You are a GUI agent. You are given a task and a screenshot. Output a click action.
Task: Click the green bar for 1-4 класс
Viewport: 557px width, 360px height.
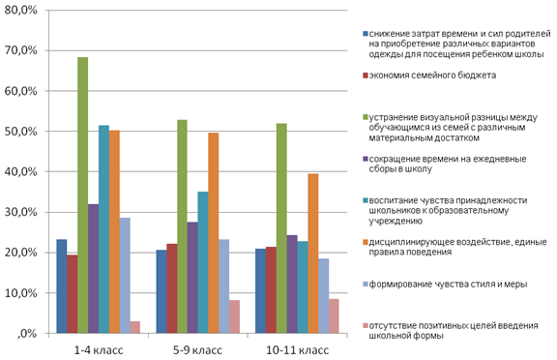click(83, 195)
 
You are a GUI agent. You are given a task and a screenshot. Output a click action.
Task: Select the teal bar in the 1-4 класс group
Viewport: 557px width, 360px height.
click(103, 229)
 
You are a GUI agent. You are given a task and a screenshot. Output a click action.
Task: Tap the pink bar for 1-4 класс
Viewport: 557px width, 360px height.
click(135, 327)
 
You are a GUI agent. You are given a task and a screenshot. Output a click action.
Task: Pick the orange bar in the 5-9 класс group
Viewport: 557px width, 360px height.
click(214, 233)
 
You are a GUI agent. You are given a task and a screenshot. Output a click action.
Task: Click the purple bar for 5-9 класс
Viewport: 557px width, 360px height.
click(192, 278)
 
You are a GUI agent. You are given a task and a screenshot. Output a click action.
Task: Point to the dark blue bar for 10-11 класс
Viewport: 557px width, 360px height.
click(260, 291)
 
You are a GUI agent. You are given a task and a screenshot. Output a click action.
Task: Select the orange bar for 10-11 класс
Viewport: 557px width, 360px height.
click(313, 254)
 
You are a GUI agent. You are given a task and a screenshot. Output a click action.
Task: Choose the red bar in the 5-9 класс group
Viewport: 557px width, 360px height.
click(172, 288)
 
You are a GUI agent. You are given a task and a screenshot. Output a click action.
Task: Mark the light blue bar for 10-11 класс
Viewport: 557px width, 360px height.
click(324, 296)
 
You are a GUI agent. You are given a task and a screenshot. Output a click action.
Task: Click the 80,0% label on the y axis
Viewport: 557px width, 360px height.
click(20, 11)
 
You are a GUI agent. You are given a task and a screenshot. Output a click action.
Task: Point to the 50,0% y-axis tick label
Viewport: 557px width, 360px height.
click(20, 132)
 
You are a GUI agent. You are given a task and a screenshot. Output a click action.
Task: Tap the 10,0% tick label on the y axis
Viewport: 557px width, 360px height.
click(20, 293)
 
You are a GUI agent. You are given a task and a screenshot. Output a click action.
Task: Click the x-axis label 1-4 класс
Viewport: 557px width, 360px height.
click(99, 350)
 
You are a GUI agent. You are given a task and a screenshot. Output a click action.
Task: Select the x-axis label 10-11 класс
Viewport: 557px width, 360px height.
click(297, 350)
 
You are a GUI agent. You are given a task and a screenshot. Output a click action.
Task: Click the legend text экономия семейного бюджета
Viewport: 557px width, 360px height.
click(432, 75)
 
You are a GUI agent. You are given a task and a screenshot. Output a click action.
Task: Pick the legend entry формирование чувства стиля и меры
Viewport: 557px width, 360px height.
click(448, 285)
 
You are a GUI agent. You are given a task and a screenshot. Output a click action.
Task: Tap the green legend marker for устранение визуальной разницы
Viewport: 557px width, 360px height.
click(366, 117)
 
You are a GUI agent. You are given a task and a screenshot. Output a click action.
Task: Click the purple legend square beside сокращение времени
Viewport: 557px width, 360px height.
click(366, 159)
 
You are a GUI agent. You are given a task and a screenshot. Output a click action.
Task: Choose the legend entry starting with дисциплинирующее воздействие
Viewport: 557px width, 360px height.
click(457, 247)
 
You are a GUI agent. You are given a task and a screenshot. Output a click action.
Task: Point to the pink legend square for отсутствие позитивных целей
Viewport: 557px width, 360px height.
click(366, 325)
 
